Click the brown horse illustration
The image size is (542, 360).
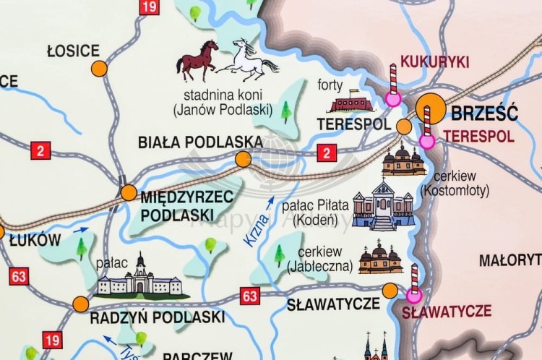click(197, 60)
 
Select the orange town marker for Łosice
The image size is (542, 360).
click(99, 69)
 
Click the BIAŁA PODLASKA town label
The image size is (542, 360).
click(189, 142)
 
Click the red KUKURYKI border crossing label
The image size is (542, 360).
click(434, 61)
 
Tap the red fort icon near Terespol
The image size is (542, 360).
click(351, 102)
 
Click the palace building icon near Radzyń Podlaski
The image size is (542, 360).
click(141, 278)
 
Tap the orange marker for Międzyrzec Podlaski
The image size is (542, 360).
click(128, 193)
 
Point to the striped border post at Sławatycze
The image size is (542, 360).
click(414, 282)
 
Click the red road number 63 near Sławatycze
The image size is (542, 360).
click(250, 296)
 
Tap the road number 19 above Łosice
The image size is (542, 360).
click(149, 7)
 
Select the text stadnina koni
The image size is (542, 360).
click(223, 95)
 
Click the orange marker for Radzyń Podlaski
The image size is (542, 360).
click(80, 304)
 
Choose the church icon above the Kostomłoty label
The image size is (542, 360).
click(403, 161)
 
